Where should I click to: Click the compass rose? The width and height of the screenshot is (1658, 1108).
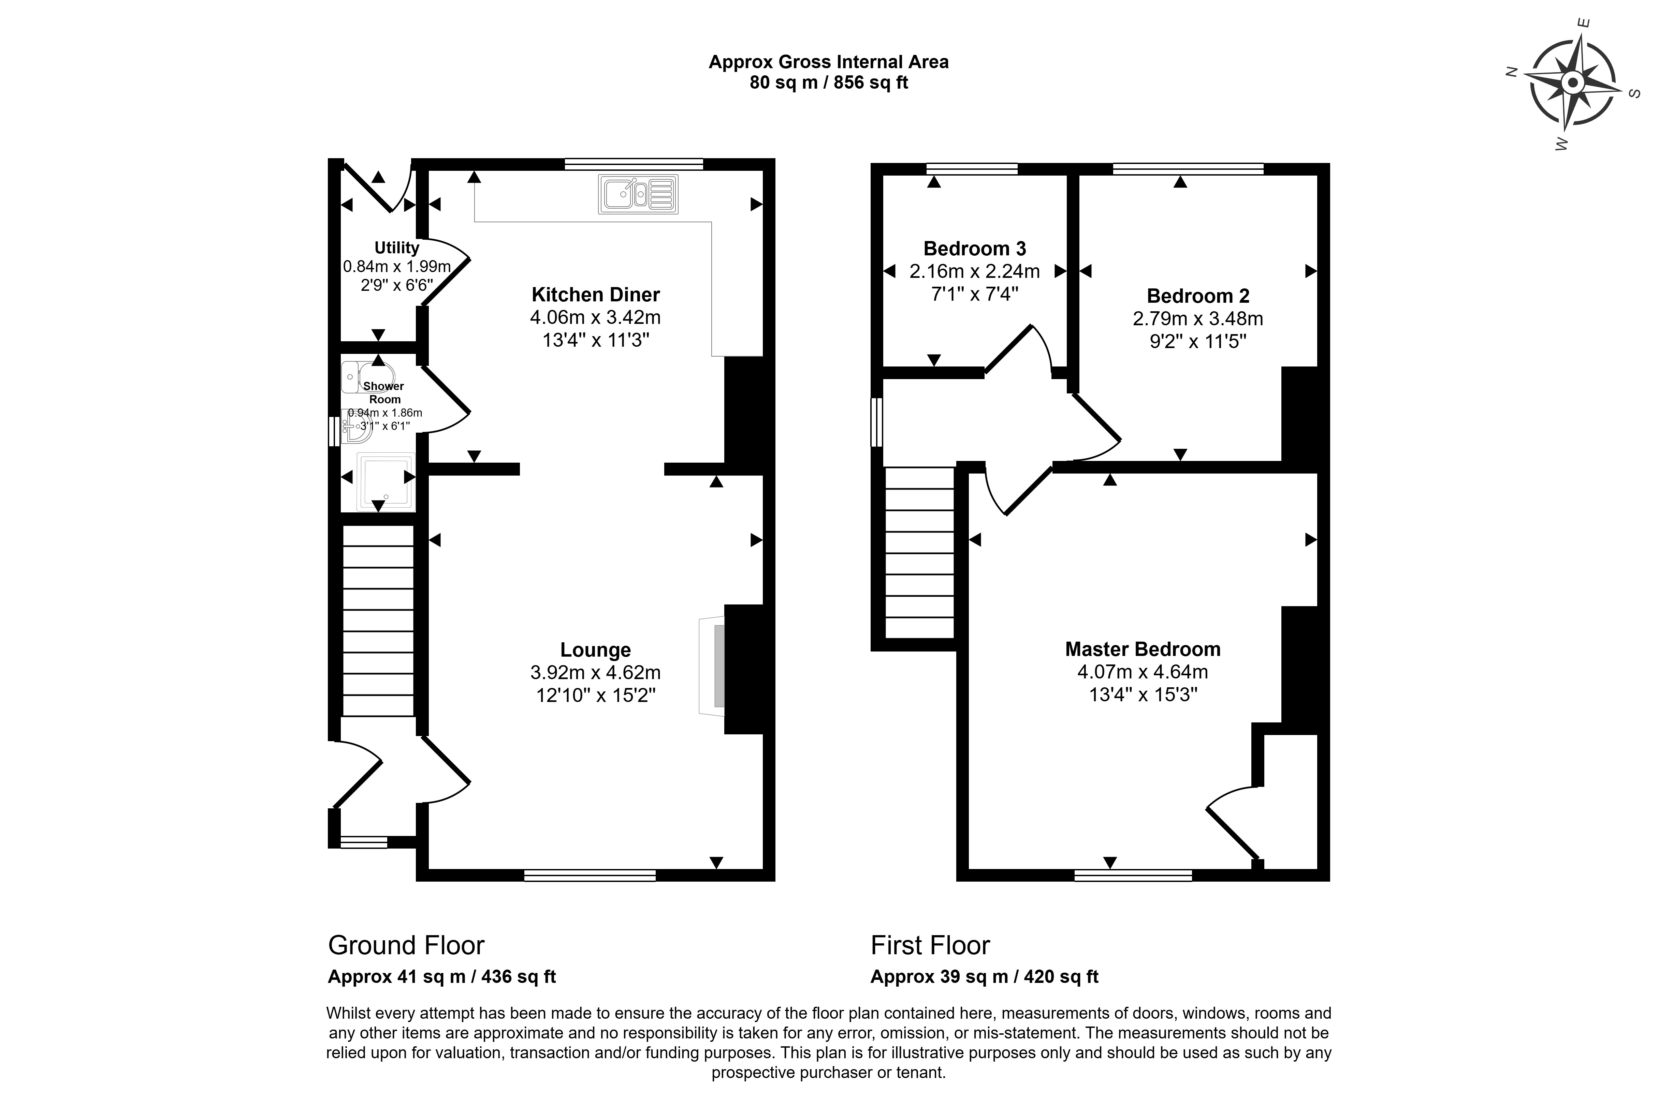(1572, 84)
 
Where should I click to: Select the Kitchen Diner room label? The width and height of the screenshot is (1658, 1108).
(595, 294)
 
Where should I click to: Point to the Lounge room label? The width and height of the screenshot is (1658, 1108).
(595, 649)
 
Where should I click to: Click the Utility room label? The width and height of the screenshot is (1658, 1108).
(397, 247)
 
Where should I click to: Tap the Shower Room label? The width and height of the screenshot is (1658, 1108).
(384, 392)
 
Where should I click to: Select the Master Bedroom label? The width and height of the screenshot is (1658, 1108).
(1143, 649)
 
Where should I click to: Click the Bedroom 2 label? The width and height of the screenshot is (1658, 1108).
(1198, 295)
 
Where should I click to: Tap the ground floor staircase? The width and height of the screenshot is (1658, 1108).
(378, 620)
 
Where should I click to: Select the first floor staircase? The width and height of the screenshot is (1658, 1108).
(919, 553)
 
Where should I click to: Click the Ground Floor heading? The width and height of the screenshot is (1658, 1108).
(407, 945)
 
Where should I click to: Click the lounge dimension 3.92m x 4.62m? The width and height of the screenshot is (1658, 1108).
(595, 672)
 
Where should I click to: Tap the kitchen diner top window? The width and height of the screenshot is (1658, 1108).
(634, 164)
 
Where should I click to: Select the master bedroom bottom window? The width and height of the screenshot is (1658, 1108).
(1133, 875)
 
